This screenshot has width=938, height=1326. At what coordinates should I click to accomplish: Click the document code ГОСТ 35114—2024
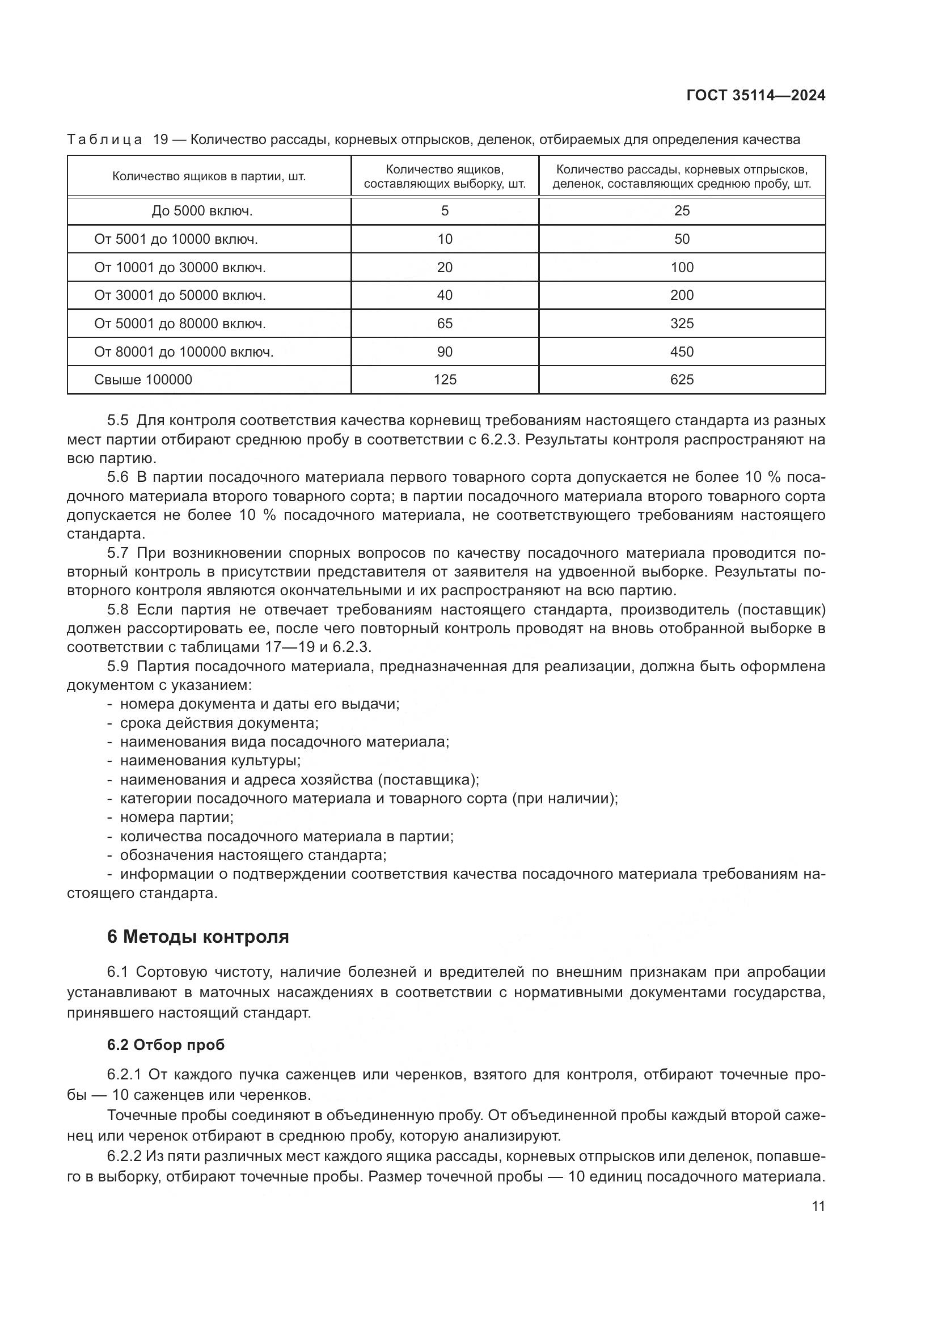coord(755,96)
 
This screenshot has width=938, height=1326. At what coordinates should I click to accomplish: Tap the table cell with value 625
coord(682,380)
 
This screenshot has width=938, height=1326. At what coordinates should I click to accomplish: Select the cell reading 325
coord(682,323)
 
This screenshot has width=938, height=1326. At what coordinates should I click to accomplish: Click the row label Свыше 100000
coord(143,380)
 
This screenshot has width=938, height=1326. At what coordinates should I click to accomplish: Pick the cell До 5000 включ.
coord(202,211)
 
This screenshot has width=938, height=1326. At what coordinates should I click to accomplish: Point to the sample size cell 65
coord(445,323)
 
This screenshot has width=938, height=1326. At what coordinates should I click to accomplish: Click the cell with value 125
coord(445,380)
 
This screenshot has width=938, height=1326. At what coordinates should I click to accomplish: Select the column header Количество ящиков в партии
coord(209,177)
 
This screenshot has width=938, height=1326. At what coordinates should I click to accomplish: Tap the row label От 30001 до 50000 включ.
coord(180,296)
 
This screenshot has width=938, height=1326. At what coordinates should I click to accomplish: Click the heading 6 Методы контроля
coord(198,937)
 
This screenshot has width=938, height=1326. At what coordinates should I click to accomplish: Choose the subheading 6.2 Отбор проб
coord(166,1045)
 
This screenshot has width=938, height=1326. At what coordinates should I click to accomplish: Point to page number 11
coord(818,1206)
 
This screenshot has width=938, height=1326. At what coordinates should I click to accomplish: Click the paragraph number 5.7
coord(117,553)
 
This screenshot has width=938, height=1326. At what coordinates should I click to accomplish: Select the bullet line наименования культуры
coord(210,761)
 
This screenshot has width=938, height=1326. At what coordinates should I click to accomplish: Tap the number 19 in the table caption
coord(160,140)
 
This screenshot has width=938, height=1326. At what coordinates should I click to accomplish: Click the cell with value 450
coord(682,351)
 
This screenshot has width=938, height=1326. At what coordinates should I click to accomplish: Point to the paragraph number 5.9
coord(117,667)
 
